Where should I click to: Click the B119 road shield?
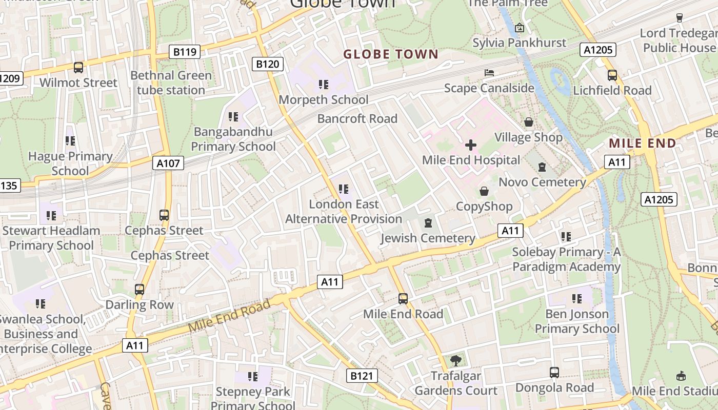coord(185,51)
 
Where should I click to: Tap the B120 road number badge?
coord(268,64)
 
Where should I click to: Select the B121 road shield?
coord(362,376)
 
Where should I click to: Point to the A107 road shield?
coord(168,163)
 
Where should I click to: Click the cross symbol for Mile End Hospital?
coord(470,145)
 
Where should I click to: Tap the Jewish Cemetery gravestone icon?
coord(428,223)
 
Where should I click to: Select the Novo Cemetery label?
coord(542,182)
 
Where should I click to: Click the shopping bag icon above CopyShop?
coord(484,192)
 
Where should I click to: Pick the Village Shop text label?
coord(528,137)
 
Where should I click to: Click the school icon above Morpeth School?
coord(323,84)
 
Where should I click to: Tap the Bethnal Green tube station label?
coord(171,83)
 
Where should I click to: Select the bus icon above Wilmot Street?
coord(78,67)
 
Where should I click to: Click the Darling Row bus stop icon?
coord(139,290)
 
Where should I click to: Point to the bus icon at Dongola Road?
coord(554,373)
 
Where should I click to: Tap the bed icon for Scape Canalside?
coord(489,73)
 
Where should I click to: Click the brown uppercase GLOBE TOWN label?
coord(391,54)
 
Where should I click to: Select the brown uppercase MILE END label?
coord(643,143)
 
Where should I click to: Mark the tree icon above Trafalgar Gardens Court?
coord(456,361)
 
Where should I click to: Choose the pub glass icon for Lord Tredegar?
coord(680,18)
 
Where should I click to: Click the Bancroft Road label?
coord(357,119)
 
